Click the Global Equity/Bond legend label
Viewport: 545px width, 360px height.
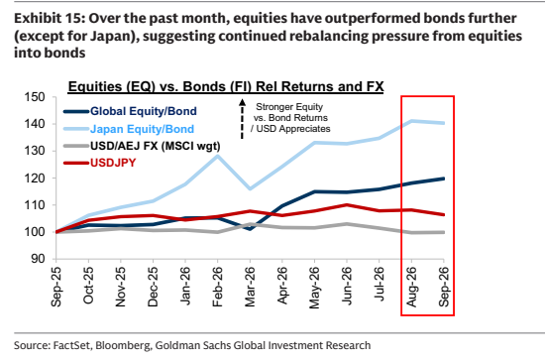(144, 111)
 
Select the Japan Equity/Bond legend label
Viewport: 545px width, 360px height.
(142, 129)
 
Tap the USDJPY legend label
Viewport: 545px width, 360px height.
(113, 163)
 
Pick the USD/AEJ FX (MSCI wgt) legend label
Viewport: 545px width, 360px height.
(155, 146)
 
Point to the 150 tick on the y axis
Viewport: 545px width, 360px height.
(35, 97)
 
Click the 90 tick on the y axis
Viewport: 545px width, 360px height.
(39, 259)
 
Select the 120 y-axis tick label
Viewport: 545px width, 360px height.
(35, 179)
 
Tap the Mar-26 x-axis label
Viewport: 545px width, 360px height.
(250, 287)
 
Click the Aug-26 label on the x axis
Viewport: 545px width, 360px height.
(411, 287)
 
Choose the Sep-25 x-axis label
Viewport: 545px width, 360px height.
(55, 287)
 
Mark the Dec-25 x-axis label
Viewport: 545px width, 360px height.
(153, 287)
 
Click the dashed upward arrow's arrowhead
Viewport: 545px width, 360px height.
(242, 102)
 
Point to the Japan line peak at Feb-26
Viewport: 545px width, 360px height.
(218, 156)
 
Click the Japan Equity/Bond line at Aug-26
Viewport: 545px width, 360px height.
(411, 121)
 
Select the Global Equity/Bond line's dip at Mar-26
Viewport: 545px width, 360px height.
(250, 228)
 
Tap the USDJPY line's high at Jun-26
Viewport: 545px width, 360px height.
(347, 205)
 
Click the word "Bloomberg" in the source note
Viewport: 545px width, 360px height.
(124, 345)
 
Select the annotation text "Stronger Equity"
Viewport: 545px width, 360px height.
(289, 107)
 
